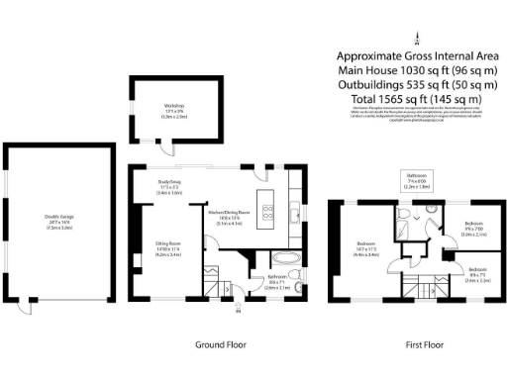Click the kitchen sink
tap(295, 213)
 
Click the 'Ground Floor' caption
tap(220, 344)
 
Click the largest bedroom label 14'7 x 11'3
tap(368, 246)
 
